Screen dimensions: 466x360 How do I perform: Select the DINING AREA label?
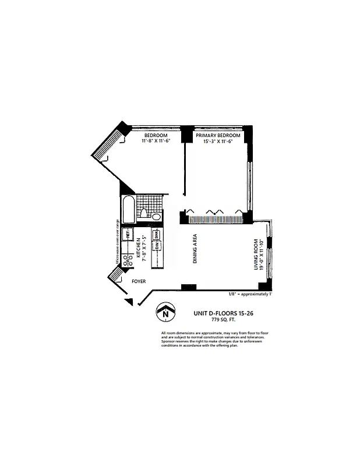pos(196,250)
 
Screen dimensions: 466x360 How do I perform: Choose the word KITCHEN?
pos(138,248)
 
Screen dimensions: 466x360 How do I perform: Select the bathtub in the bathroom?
pos(128,208)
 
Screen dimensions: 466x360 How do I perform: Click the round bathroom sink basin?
pos(156,217)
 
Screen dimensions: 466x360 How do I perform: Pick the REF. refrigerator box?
pos(128,235)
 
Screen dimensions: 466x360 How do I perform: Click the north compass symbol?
pos(167,313)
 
